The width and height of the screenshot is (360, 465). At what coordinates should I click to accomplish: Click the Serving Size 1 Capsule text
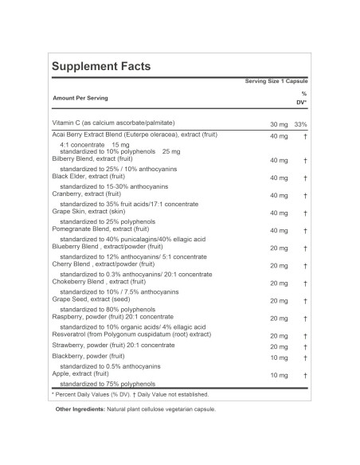pos(276,82)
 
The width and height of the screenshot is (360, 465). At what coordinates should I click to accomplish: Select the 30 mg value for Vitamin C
pos(277,125)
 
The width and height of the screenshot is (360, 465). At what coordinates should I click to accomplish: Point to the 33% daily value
pos(300,125)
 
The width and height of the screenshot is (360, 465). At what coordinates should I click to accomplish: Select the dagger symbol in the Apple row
pos(305,374)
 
